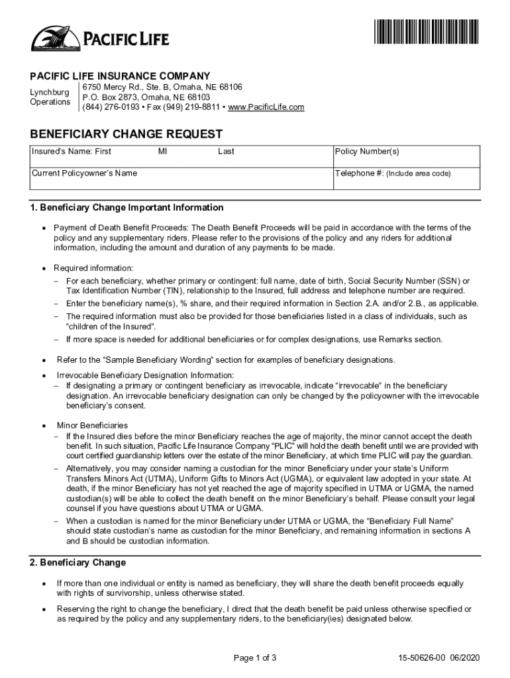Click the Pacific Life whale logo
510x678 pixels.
[x=54, y=38]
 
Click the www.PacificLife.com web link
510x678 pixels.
[x=266, y=107]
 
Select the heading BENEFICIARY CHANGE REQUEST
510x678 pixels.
[x=126, y=134]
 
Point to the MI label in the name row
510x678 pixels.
[x=162, y=152]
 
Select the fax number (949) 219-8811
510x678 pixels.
[x=192, y=107]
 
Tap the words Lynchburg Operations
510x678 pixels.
[x=50, y=97]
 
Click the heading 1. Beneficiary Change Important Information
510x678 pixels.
[x=127, y=207]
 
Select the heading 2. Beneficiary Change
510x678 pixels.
[x=77, y=563]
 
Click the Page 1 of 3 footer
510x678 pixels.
[x=255, y=657]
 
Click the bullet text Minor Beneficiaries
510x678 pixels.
[x=92, y=425]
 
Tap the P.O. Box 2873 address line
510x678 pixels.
[x=140, y=97]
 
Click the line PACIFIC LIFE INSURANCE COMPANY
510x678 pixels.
[x=120, y=75]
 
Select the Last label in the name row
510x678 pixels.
[x=226, y=152]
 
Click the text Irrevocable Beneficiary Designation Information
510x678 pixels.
[x=145, y=375]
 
